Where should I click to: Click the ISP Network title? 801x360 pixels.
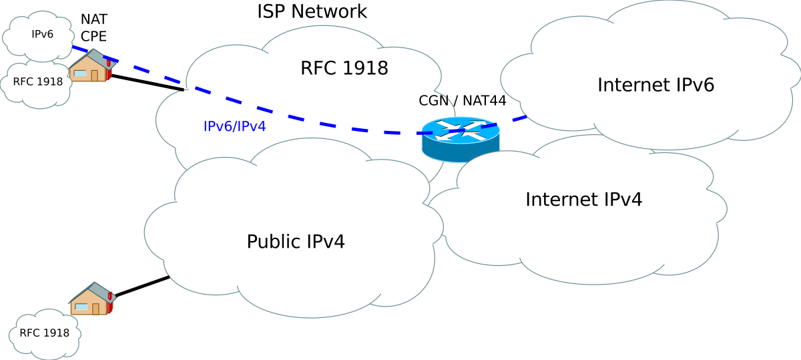(312, 11)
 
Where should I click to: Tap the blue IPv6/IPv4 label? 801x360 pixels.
(234, 126)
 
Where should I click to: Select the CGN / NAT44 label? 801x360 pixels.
(463, 101)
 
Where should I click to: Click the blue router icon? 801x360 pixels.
(461, 140)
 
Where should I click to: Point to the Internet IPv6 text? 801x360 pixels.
(655, 85)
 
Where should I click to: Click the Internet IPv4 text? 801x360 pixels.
(583, 199)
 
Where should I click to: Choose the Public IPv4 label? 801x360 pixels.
(296, 242)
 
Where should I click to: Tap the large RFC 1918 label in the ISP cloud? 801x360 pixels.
(344, 68)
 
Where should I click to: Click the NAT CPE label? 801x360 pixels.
(93, 27)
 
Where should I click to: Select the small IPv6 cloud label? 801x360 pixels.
(42, 34)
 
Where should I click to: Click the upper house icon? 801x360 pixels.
(92, 65)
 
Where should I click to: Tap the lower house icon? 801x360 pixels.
(92, 299)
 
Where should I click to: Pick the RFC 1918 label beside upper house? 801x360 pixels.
(38, 81)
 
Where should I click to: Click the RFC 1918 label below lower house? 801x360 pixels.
(44, 333)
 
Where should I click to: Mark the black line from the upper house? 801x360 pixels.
(148, 83)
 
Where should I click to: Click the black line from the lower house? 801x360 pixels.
(142, 286)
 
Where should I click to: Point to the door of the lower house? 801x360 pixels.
(95, 309)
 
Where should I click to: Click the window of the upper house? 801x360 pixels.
(80, 73)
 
